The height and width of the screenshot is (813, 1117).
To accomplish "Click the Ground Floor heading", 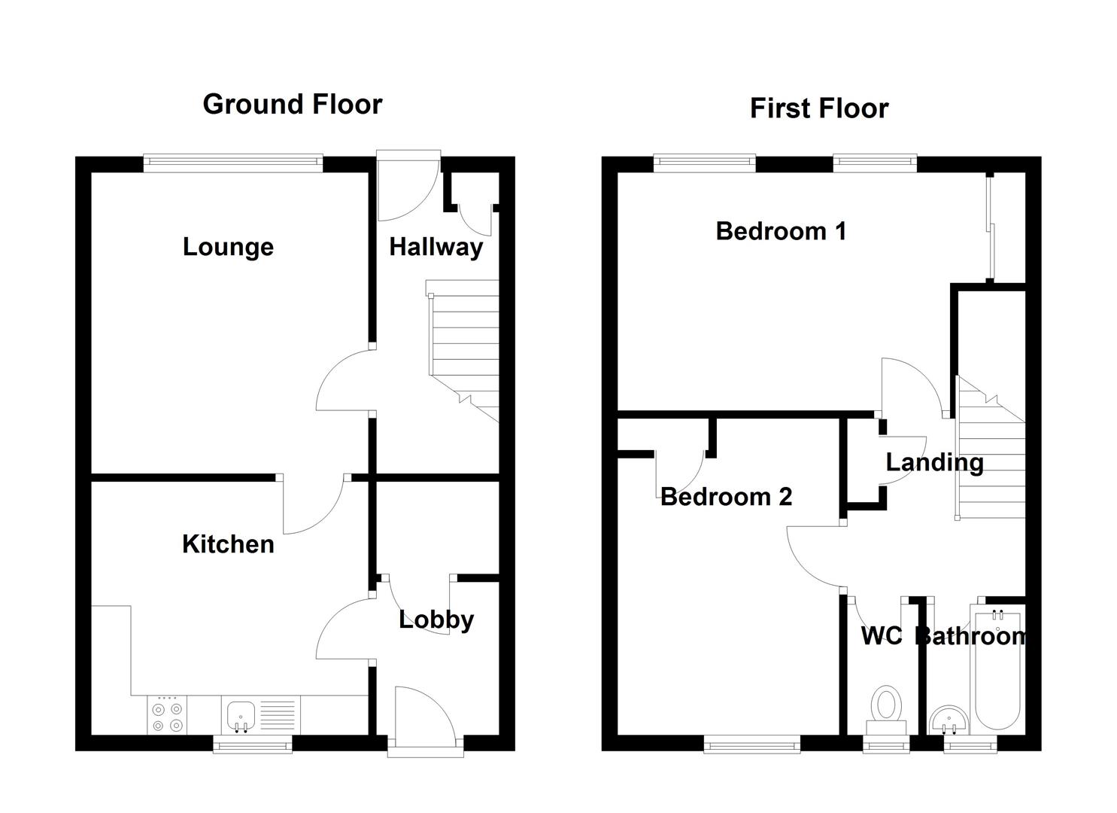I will click(x=292, y=104).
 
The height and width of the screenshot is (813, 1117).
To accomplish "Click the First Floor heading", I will click(x=818, y=108).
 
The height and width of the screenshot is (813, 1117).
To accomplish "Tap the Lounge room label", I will click(x=228, y=247).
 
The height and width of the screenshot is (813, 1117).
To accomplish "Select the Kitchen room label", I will click(x=228, y=544).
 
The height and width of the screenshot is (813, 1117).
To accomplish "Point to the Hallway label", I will click(x=436, y=247).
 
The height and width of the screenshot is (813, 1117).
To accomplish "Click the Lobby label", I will click(x=436, y=620).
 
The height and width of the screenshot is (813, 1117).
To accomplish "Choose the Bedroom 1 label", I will click(x=781, y=231).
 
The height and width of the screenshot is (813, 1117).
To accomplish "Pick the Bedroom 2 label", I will click(x=726, y=497).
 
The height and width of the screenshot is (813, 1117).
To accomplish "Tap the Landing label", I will click(x=934, y=462).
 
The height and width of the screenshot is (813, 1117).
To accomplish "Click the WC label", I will click(x=881, y=636).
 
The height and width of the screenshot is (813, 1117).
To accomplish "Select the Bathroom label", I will click(x=971, y=636).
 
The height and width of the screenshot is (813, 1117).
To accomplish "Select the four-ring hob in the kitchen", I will click(x=167, y=716).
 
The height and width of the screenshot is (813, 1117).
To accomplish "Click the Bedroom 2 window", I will click(x=752, y=745).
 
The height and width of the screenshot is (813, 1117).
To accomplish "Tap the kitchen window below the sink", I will click(x=252, y=745).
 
